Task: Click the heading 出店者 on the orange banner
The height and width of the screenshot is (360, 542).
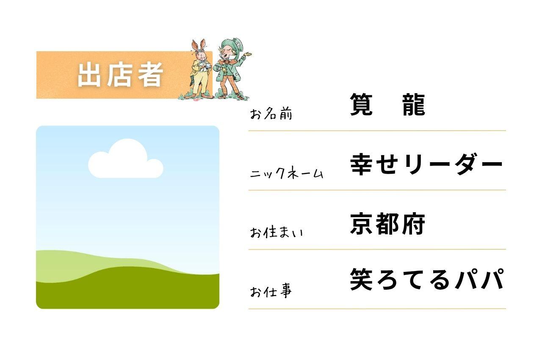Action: tap(120, 75)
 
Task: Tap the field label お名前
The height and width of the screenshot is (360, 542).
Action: tap(271, 114)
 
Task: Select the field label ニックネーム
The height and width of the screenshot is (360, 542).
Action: tap(287, 173)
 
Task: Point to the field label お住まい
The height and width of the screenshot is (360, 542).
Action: tap(277, 232)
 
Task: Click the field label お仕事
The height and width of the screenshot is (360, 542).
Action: tap(271, 291)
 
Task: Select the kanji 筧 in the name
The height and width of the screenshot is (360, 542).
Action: tap(361, 105)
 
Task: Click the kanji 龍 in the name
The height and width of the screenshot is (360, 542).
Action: tap(414, 105)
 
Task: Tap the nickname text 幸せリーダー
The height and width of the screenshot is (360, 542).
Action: tap(427, 164)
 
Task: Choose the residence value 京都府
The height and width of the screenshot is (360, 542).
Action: tap(387, 224)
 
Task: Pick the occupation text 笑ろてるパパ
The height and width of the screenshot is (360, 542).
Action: tap(427, 280)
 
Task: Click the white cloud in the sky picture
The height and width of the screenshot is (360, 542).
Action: tap(126, 158)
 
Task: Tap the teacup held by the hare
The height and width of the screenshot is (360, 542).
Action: tap(207, 65)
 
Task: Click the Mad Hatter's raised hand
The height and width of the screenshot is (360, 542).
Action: tap(248, 55)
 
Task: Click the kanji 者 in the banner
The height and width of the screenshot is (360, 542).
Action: tap(150, 75)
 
